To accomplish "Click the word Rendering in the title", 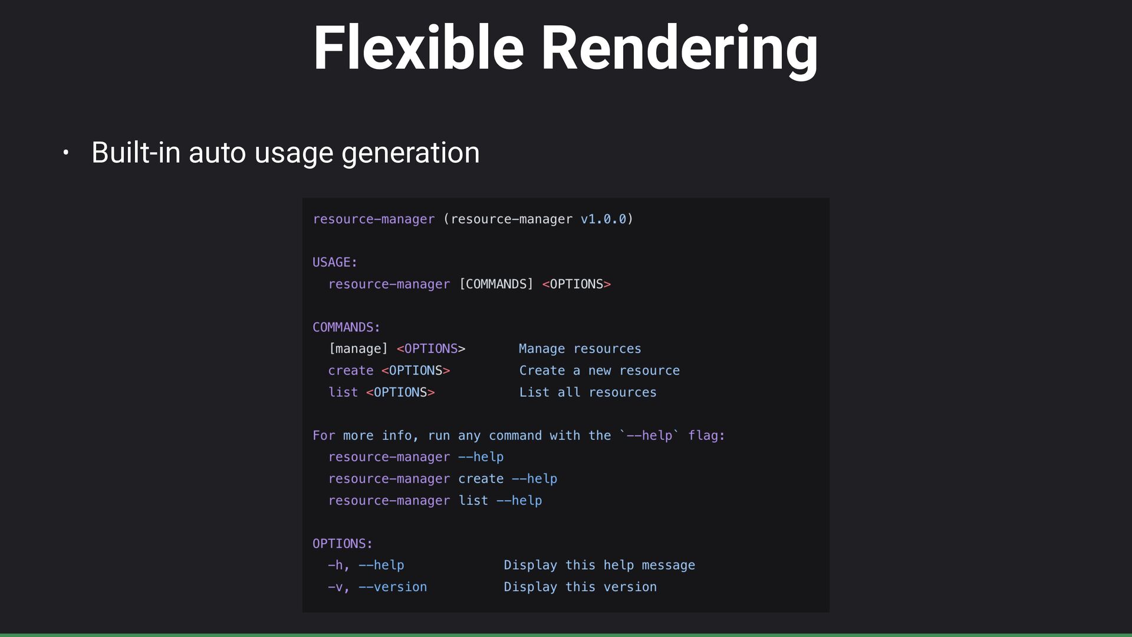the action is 679,50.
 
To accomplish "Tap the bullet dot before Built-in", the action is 66,153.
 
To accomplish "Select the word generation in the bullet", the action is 410,153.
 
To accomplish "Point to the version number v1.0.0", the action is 603,219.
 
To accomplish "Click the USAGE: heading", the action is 335,262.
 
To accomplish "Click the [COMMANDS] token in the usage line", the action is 496,284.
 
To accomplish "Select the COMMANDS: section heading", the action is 346,327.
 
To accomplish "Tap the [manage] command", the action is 358,349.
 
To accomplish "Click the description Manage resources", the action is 580,349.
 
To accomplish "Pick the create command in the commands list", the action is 351,371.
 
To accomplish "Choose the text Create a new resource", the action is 599,371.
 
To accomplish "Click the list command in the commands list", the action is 343,393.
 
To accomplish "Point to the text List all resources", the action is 587,393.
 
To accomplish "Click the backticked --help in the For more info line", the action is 649,436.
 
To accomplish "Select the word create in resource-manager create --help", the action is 481,479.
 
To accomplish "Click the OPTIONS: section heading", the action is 343,544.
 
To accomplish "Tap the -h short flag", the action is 335,566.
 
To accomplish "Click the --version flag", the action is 393,587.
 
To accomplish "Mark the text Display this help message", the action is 599,566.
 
